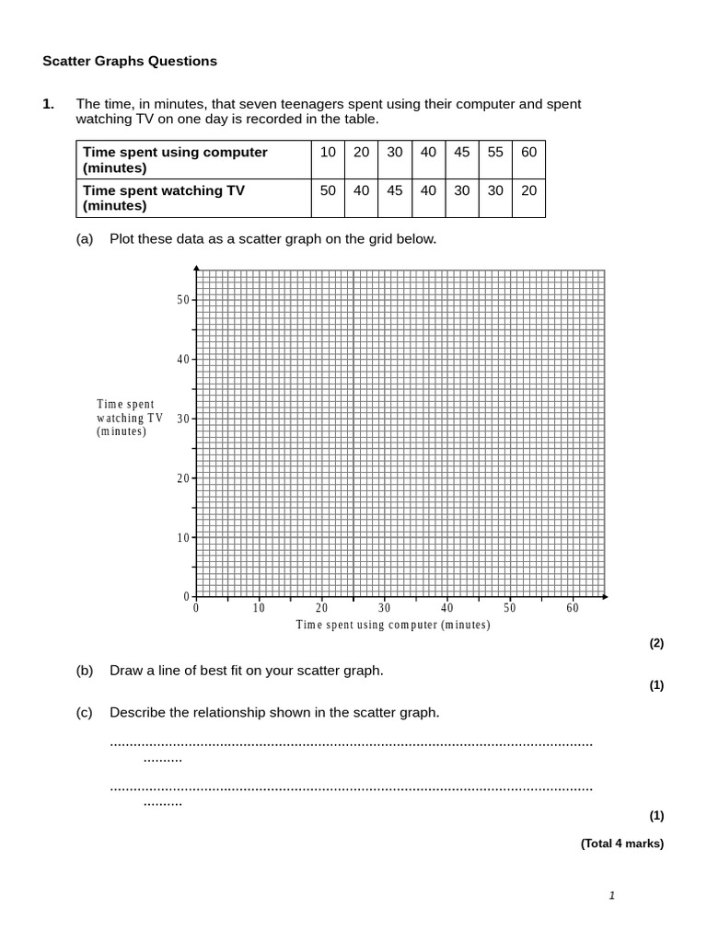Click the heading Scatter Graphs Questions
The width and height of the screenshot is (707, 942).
click(130, 62)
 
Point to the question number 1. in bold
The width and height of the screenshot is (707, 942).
click(49, 105)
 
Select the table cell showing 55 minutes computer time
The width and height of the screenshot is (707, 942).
click(495, 153)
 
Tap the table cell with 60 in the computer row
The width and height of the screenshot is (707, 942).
click(528, 153)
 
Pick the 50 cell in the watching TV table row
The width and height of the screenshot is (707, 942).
click(328, 190)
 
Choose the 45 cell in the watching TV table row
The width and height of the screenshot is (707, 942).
click(395, 190)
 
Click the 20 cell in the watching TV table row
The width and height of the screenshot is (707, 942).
click(528, 190)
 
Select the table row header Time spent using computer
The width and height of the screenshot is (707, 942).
click(175, 160)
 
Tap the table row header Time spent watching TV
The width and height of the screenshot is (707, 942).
click(164, 198)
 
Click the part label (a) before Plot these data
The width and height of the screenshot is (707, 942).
click(85, 239)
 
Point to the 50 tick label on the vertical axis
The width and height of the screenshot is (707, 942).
click(182, 300)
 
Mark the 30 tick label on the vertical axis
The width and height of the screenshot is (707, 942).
click(182, 419)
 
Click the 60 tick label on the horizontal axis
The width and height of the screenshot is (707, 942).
click(573, 608)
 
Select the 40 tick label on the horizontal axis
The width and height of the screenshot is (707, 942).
click(447, 608)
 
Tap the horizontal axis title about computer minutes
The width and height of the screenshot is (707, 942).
click(393, 626)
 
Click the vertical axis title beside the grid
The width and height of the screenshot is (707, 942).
click(130, 418)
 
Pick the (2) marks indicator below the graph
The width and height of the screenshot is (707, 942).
click(656, 644)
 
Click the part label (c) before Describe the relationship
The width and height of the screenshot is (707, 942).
click(85, 712)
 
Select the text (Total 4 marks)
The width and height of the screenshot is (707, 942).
click(621, 844)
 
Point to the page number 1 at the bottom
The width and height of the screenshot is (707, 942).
click(611, 896)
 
